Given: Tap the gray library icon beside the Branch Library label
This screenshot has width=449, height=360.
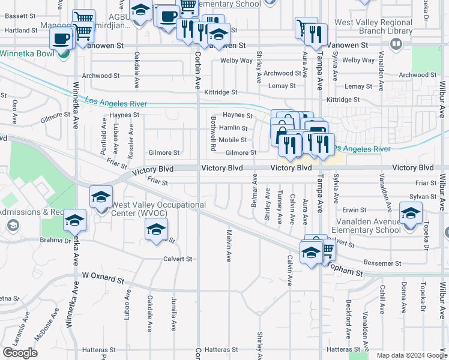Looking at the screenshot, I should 396,44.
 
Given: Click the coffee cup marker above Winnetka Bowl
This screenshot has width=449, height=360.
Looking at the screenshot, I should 61,38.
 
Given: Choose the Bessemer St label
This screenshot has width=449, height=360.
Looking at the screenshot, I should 382,263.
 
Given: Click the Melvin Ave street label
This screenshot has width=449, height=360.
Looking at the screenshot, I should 229,245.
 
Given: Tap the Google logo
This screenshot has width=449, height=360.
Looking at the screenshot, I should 20,353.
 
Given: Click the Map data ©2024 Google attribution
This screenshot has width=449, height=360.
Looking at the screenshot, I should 411,355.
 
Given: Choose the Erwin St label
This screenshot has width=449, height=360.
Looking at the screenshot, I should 354,210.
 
